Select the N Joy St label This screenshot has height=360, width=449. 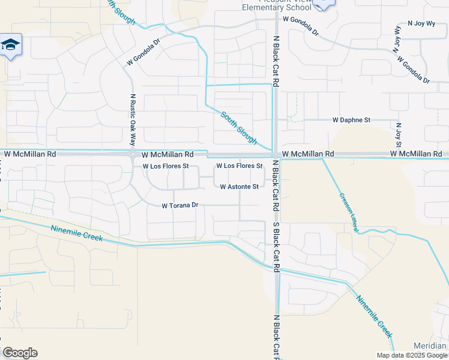coord(398,135)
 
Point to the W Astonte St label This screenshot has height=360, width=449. coord(239,187)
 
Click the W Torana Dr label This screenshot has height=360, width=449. coord(180,205)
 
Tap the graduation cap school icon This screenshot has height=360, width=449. coord(11,46)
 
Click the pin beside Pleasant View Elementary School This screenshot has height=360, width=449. coord(323,4)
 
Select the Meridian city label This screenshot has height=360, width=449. coord(430,346)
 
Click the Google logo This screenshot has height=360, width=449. coord(20,353)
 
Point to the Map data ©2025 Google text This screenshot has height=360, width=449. coord(412,355)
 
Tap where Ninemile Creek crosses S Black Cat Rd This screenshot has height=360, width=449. coord(276,268)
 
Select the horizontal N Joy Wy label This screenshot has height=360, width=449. coord(420,23)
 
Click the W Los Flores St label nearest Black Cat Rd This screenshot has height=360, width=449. coord(240,166)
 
